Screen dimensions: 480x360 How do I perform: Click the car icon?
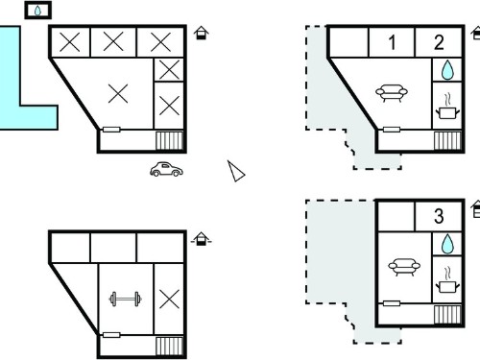click(166, 169)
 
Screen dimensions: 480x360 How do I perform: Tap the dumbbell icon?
click(126, 300)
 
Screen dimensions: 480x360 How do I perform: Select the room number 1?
click(392, 42)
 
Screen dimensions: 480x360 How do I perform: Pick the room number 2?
click(439, 42)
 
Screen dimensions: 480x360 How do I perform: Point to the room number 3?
click(439, 216)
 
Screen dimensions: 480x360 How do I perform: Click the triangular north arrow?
click(236, 171)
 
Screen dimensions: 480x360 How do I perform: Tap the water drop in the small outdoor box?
click(37, 11)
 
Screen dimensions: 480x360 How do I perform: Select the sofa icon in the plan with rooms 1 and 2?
click(392, 93)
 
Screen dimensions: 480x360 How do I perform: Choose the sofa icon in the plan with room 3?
click(404, 267)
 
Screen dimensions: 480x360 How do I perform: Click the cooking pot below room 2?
click(447, 107)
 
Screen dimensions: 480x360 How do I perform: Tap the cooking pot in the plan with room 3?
click(447, 280)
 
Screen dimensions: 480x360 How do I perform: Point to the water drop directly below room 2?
click(447, 70)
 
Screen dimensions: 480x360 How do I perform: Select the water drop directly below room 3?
click(447, 244)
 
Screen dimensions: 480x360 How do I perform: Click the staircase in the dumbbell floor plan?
click(169, 346)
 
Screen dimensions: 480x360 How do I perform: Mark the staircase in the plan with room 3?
click(447, 315)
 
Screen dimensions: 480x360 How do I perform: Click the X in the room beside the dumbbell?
click(169, 300)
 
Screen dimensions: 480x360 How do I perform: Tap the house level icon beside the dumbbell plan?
click(201, 239)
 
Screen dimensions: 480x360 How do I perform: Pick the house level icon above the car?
click(202, 33)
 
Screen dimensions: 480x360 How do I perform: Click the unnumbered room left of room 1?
click(348, 42)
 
